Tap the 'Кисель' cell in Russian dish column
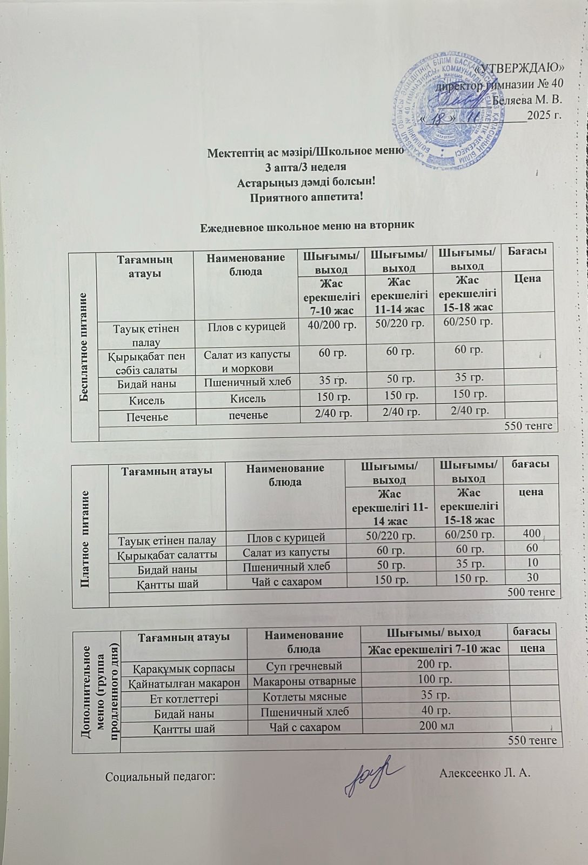pos(248,398)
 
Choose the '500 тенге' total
pos(532,593)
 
